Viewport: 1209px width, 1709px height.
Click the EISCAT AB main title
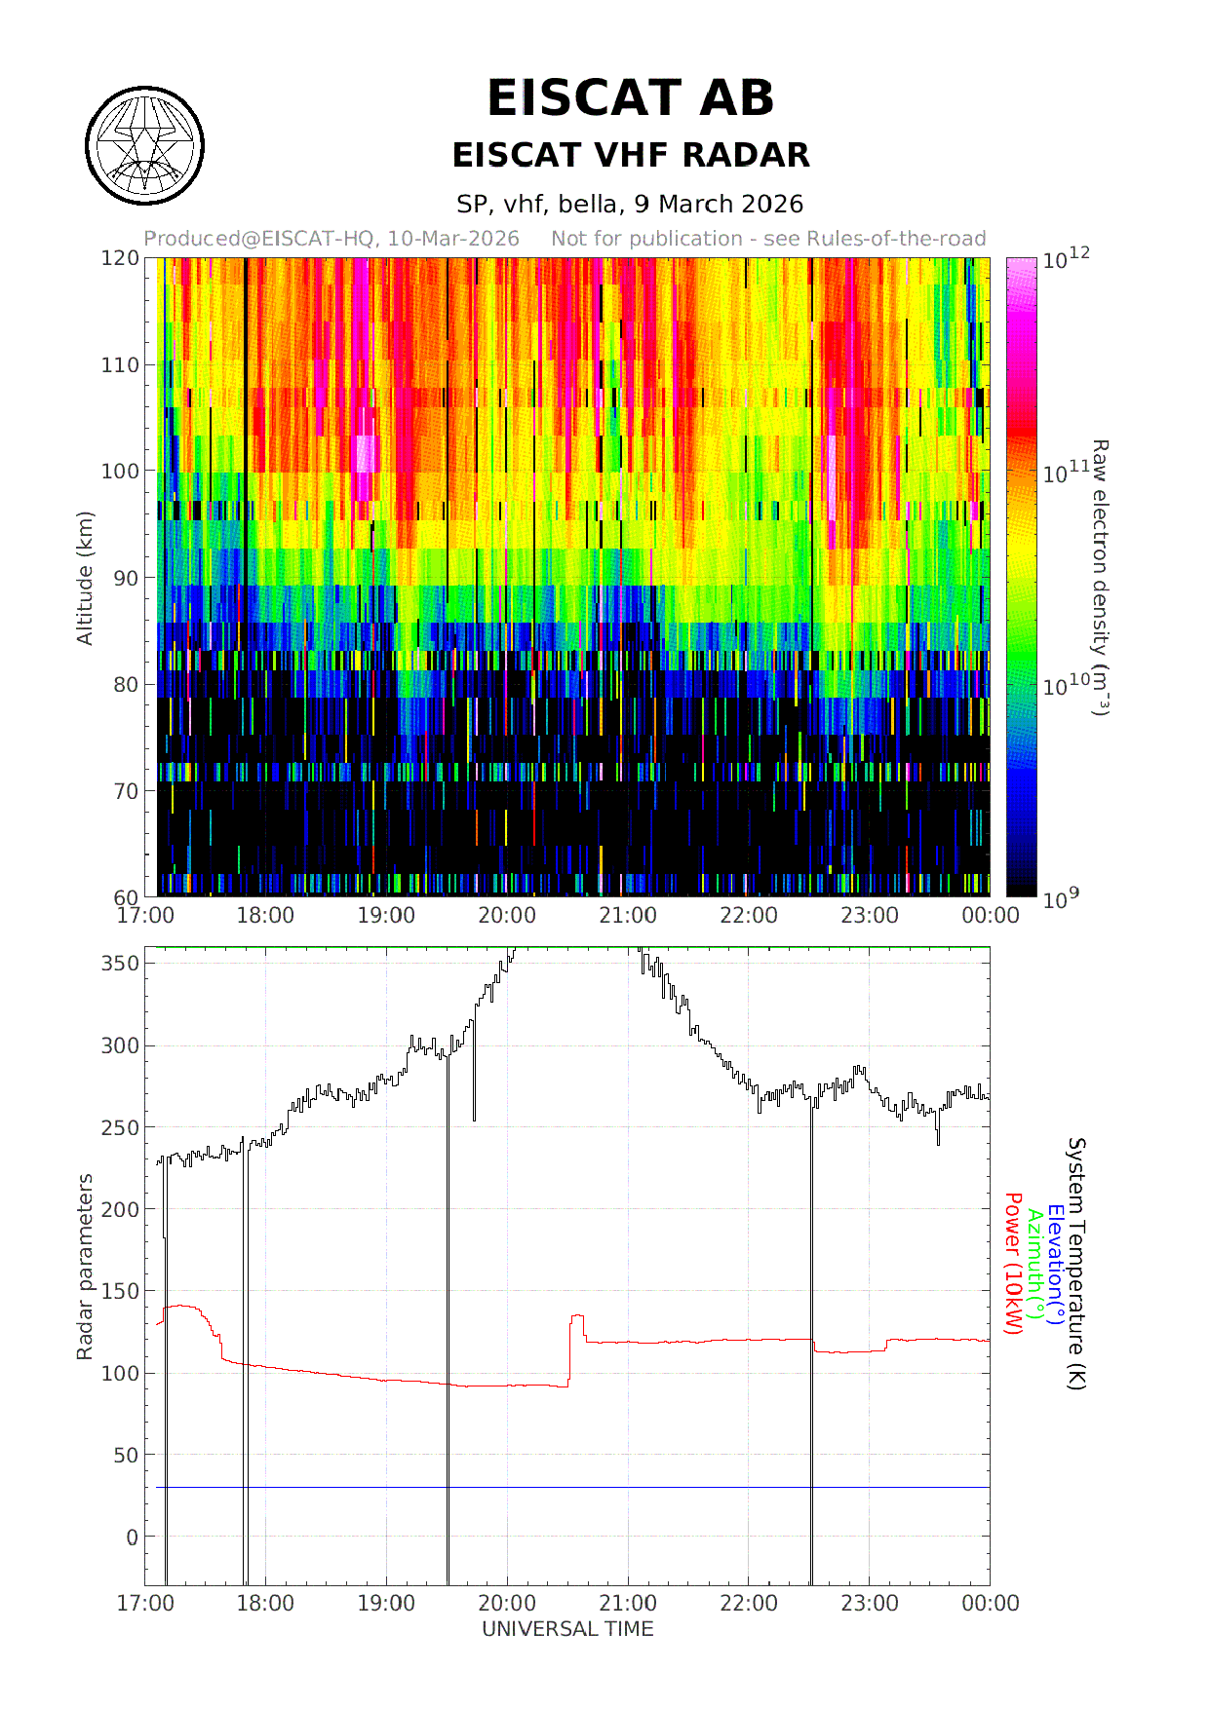tap(630, 98)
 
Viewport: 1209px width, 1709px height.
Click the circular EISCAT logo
tap(144, 146)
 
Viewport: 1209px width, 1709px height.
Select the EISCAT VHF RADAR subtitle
tap(630, 155)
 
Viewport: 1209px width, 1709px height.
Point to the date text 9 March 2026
tap(718, 204)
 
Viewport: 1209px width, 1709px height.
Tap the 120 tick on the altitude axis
tap(120, 258)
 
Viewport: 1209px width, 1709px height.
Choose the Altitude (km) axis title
tap(85, 578)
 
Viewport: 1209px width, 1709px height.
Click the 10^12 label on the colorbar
tap(1065, 259)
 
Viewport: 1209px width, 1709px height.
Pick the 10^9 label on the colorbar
tap(1061, 898)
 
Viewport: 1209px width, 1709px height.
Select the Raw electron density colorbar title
tap(1099, 578)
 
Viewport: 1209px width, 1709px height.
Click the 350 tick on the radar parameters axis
tap(120, 963)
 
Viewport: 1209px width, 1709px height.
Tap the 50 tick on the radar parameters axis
tap(126, 1455)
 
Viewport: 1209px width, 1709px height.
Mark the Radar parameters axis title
tap(85, 1267)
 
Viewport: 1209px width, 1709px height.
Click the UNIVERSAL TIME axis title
tap(567, 1629)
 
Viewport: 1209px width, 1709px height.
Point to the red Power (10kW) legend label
tap(1013, 1264)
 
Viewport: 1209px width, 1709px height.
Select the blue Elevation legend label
tap(1056, 1264)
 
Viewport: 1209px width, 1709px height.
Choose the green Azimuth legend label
tap(1034, 1264)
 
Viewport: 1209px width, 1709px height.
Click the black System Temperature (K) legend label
tap(1076, 1264)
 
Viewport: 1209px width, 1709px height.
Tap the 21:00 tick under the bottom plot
tap(627, 1603)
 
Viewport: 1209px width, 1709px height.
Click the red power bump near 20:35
tap(577, 1317)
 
